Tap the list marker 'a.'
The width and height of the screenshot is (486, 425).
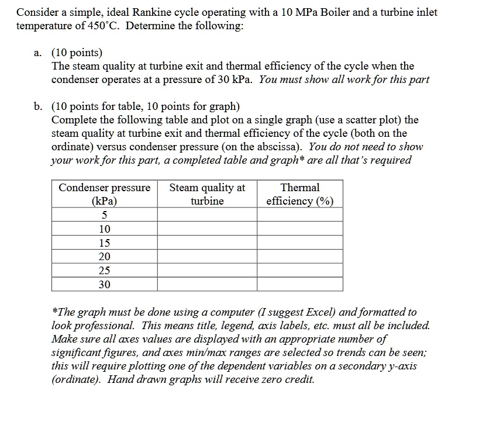[38, 53]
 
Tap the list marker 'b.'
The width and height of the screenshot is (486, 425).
[38, 106]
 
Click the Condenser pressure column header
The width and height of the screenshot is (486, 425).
[104, 194]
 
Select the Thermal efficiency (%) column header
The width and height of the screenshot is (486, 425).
[300, 194]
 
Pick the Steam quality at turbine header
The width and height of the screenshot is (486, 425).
[207, 194]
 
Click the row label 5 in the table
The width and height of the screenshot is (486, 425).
[104, 215]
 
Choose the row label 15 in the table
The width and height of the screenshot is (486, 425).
[104, 243]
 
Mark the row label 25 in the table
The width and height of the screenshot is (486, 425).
[104, 270]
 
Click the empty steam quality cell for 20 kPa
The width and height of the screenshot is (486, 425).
[207, 257]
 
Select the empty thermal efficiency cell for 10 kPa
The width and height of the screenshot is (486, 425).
[300, 229]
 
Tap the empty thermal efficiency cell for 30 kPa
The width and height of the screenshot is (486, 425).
[300, 284]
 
